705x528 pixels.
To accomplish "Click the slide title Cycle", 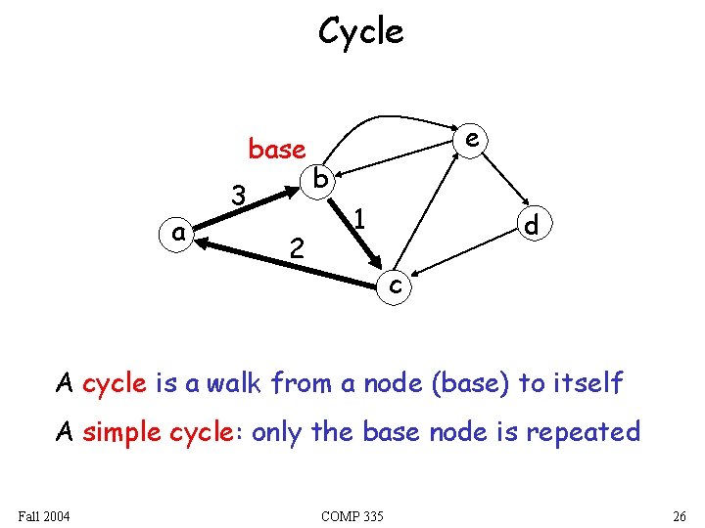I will [360, 32].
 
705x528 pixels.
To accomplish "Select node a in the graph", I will [178, 233].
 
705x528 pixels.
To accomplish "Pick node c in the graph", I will [394, 285].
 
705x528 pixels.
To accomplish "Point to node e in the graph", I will [472, 139].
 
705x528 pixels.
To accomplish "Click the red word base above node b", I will [277, 150].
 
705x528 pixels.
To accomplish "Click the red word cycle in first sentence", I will [115, 383].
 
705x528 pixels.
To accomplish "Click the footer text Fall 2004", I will [44, 515].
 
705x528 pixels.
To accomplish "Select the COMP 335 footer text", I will [352, 515].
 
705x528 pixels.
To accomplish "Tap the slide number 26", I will [680, 515].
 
